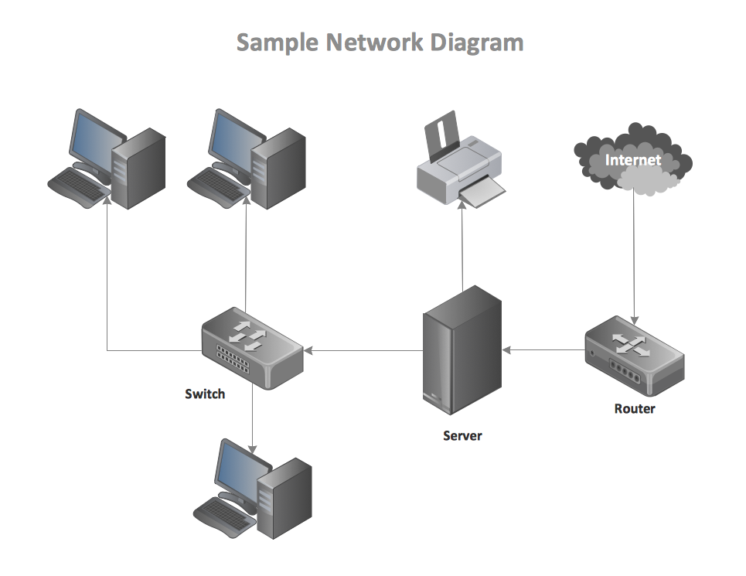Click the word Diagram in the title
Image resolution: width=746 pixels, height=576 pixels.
pos(477,43)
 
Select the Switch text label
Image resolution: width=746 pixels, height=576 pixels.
pos(205,394)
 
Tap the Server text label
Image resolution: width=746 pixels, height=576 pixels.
pos(462,435)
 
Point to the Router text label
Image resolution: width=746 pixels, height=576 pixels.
pos(634,408)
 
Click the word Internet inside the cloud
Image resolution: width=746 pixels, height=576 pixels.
pos(633,160)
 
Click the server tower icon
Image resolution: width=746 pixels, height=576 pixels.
pos(462,352)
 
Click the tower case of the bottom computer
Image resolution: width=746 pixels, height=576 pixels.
pos(284,499)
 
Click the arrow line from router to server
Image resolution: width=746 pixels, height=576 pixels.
pos(545,349)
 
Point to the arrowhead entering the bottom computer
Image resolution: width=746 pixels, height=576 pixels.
pos(252,448)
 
